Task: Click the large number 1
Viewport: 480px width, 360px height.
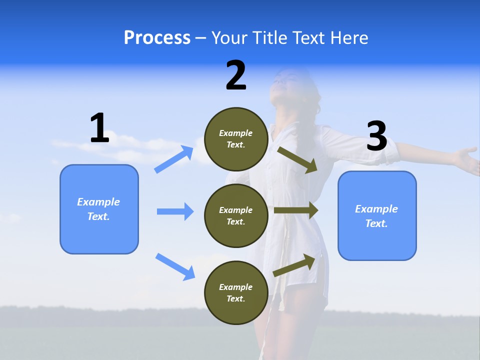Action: point(99,128)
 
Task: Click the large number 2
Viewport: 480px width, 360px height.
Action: point(236,75)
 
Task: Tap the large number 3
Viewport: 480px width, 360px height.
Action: point(376,136)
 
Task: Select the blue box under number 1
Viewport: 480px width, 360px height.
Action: point(99,209)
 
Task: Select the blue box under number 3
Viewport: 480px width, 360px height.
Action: point(377,216)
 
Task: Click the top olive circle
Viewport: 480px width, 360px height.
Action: point(236,139)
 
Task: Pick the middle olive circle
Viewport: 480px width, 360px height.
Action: point(236,215)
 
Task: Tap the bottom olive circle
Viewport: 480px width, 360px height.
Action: point(236,292)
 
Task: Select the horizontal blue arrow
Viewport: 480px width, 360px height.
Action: point(175,211)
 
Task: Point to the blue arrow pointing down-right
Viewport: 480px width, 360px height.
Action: point(175,266)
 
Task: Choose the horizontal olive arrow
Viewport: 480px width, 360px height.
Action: point(296,210)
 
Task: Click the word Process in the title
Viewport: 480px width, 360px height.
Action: point(157,38)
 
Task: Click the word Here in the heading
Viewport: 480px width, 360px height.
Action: point(348,38)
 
